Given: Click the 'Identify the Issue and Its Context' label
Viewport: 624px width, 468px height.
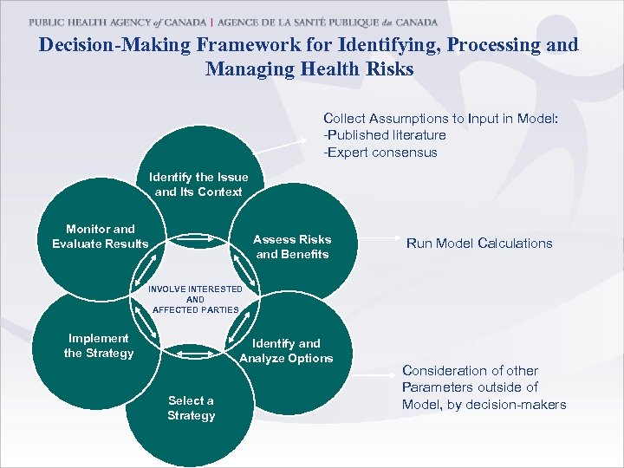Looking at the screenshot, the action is (198, 185).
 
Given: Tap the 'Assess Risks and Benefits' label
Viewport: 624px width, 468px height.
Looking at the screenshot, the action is (292, 247).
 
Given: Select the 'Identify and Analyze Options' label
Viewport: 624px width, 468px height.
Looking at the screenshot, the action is (286, 351).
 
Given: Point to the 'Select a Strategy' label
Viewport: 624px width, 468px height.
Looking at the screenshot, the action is (191, 408).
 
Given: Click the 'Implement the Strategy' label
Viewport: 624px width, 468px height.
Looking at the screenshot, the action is (98, 346).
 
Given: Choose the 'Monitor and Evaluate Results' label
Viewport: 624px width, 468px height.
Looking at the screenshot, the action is (101, 237).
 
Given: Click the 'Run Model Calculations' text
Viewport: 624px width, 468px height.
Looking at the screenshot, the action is (479, 244).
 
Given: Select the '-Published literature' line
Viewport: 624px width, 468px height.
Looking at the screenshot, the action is (385, 135).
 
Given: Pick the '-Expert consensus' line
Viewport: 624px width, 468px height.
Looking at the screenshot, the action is (380, 153).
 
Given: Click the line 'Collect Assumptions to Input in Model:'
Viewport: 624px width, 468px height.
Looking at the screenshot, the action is (440, 118).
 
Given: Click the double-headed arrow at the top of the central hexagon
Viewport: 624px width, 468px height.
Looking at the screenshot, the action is (195, 237).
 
